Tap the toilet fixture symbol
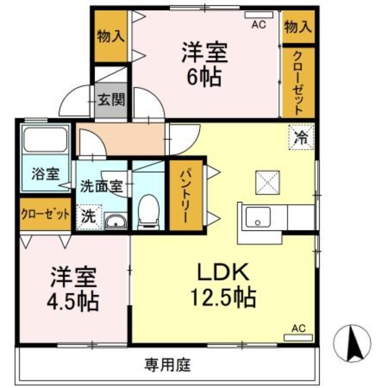click(147, 211)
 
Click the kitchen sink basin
click(258, 216)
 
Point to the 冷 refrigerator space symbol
click(301, 137)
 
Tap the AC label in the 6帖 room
click(259, 25)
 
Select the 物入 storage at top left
click(111, 36)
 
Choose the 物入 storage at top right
click(298, 27)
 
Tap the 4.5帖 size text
click(74, 302)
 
